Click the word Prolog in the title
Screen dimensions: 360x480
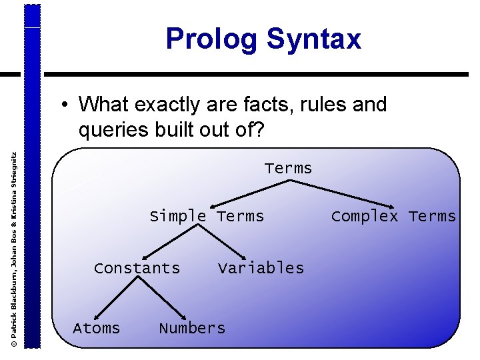coord(211,39)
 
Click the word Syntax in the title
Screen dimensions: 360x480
coord(313,39)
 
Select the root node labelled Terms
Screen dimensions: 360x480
coord(288,168)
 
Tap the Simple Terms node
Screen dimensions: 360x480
coord(207,216)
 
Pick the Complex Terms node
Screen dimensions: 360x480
coord(393,216)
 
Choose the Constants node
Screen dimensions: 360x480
coord(137,268)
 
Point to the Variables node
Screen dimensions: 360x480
coord(261,268)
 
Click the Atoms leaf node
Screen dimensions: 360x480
coord(97,328)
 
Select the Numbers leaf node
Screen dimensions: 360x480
coord(192,328)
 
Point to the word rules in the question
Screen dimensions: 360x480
coord(317,105)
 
